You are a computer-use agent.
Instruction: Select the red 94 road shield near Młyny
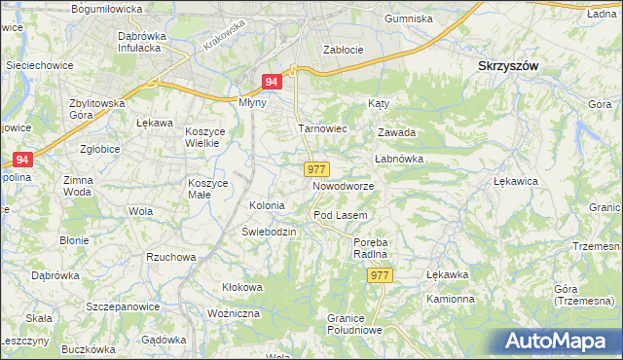[274, 84]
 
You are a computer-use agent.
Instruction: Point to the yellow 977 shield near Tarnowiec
[315, 169]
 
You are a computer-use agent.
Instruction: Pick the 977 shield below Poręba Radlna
[381, 276]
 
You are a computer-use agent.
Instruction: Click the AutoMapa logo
[560, 340]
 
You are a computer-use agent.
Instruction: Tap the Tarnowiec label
[322, 128]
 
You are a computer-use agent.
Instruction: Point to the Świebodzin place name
[269, 232]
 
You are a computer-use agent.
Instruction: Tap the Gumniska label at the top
[408, 18]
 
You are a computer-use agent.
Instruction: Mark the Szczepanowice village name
[123, 306]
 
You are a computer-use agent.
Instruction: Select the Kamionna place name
[450, 298]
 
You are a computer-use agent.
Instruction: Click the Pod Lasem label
[339, 214]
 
